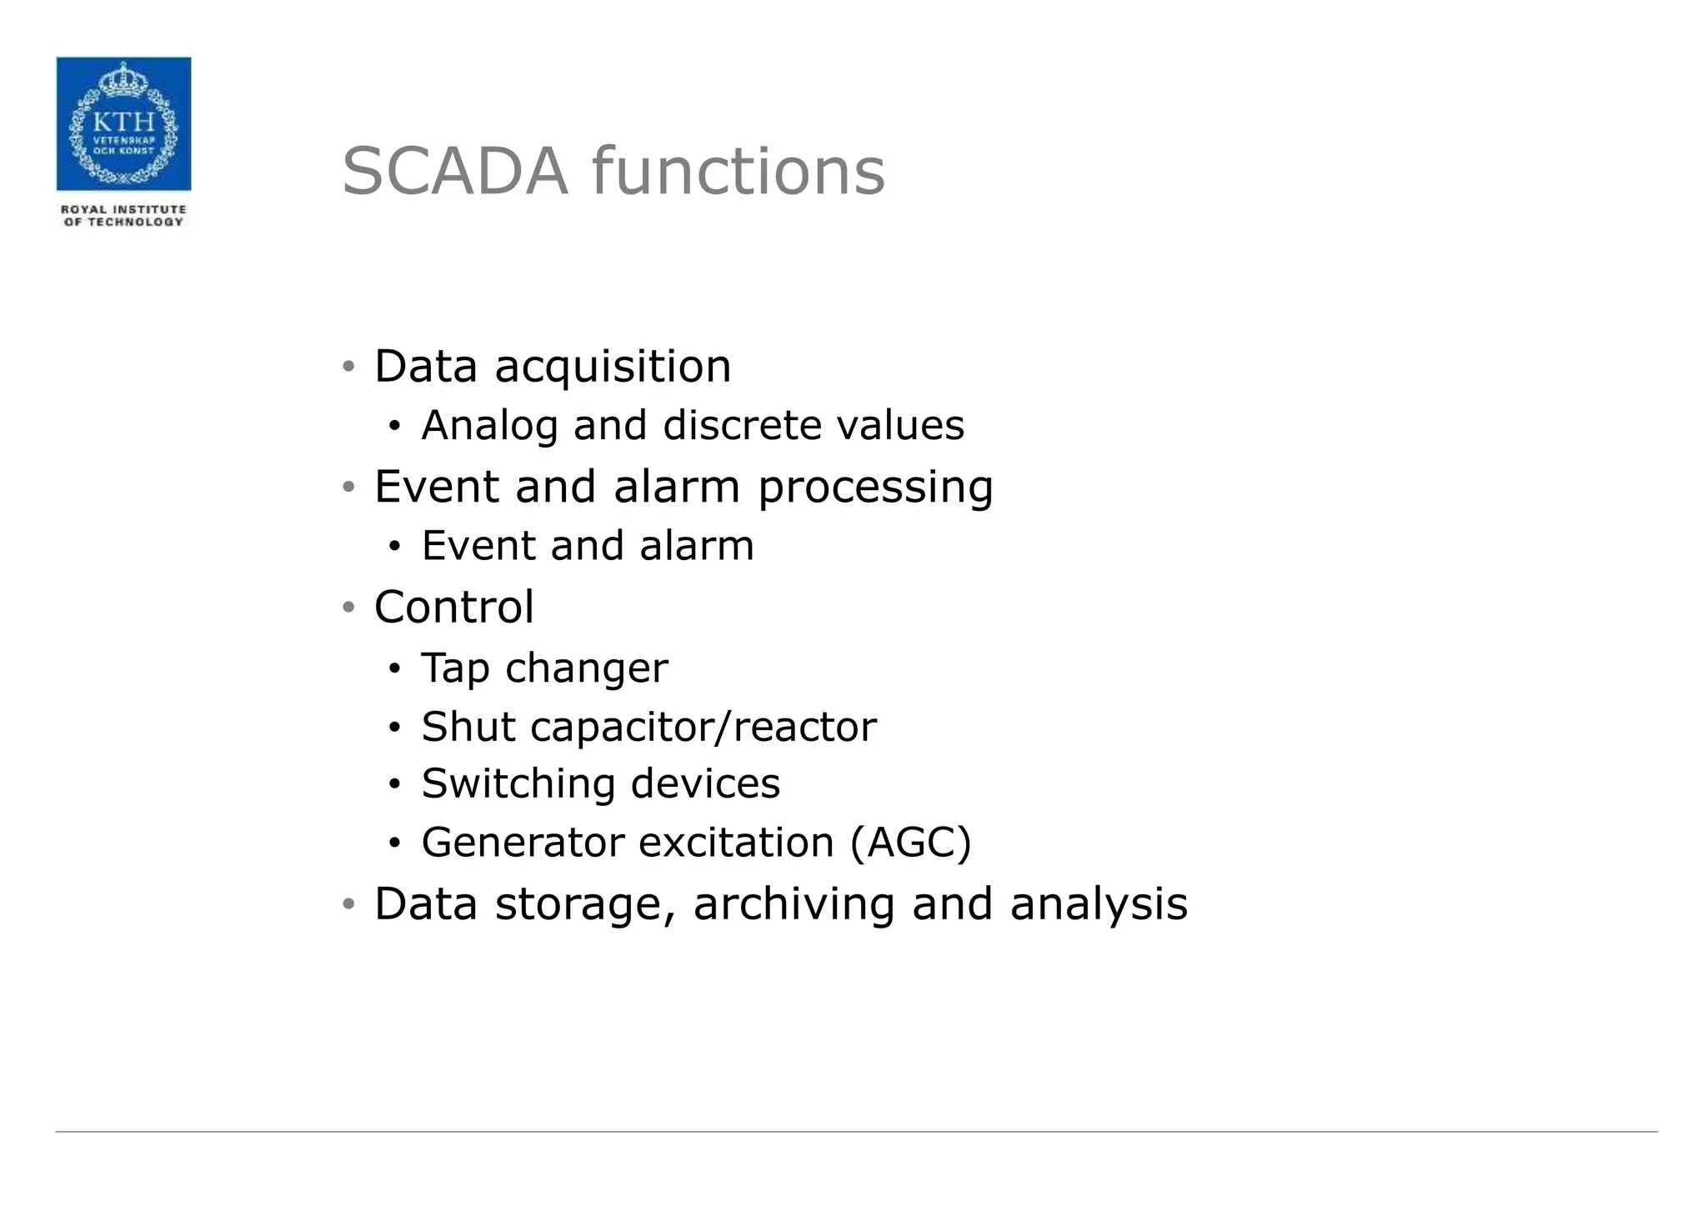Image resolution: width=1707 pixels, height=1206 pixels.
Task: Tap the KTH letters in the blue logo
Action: click(x=123, y=122)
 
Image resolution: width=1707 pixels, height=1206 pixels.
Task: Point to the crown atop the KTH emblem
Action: click(x=123, y=81)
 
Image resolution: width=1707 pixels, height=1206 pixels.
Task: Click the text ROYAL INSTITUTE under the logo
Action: click(x=123, y=209)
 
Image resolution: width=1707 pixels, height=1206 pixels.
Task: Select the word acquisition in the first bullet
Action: click(x=613, y=367)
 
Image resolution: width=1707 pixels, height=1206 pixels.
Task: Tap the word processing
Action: click(x=875, y=488)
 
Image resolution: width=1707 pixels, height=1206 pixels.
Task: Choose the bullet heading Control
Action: click(x=454, y=607)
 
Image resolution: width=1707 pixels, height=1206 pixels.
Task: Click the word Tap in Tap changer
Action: click(x=454, y=668)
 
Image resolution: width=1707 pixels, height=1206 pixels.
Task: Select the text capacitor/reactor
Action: click(x=703, y=727)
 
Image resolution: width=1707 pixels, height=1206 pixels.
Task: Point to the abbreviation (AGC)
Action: click(x=910, y=842)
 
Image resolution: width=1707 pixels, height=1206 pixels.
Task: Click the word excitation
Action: click(x=736, y=842)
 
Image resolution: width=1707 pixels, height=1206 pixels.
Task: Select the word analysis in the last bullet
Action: click(x=1099, y=904)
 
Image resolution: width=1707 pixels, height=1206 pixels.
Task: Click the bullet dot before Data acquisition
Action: click(x=349, y=367)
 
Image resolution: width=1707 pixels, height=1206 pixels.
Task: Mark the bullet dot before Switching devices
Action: click(x=395, y=785)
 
